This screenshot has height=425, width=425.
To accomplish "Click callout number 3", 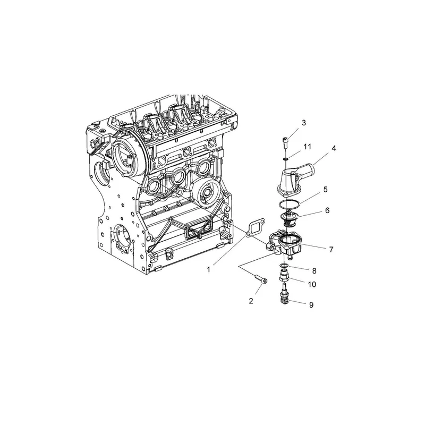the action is (303, 123).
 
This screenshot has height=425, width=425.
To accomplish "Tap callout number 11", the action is (307, 147).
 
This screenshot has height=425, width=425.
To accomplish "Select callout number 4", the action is (334, 148).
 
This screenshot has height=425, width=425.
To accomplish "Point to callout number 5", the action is (326, 189).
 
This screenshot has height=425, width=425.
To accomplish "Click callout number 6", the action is (327, 210).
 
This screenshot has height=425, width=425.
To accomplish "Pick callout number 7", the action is (331, 249).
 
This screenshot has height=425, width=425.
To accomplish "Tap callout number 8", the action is (314, 270).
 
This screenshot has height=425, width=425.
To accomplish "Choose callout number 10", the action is (312, 284).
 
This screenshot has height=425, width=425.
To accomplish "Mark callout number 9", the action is (311, 305).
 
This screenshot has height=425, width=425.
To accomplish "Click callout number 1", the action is (208, 269).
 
